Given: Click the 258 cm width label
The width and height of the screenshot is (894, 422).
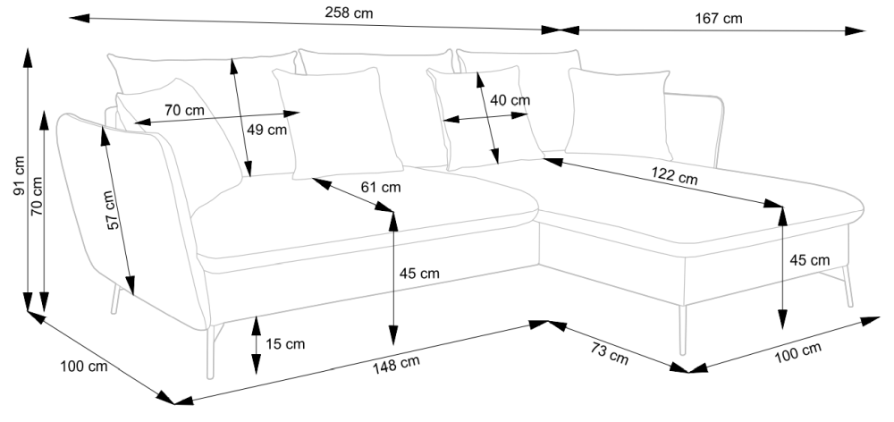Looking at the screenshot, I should tap(350, 13).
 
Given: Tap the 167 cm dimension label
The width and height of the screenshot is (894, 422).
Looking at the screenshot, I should tap(718, 18).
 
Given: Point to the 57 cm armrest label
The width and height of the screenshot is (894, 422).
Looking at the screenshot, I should tap(111, 211).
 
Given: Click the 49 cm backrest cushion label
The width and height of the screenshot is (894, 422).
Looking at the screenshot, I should tap(266, 129).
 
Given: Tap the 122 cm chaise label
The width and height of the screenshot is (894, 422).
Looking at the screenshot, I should tap(675, 177).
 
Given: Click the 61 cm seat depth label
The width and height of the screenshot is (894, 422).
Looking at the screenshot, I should tap(380, 188).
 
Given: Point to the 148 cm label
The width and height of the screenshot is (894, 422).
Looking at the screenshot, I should tap(398, 363).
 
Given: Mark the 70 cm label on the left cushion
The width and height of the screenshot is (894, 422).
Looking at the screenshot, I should tap(184, 111).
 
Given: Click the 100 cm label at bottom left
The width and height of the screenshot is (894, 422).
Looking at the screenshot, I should tap(84, 367).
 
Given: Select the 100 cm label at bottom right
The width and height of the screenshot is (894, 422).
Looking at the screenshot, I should tap(798, 353).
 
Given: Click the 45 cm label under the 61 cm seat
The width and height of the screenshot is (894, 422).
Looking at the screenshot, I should tap(418, 274).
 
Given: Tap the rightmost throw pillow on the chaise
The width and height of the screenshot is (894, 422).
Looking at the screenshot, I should tap(618, 114).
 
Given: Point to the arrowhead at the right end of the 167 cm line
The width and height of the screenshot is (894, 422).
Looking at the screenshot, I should tap(858, 31).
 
